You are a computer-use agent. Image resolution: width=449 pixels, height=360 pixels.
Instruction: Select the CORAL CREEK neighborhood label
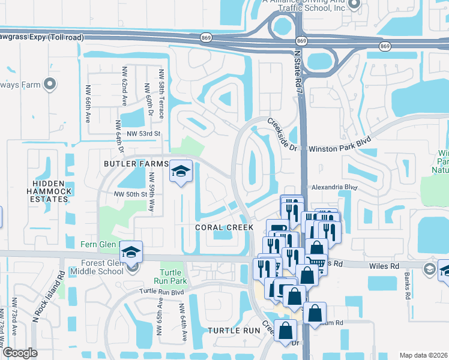tap(224, 227)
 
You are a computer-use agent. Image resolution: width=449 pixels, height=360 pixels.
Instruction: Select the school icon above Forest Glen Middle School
tap(130, 253)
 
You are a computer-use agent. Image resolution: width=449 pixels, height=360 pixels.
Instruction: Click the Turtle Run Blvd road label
tap(161, 292)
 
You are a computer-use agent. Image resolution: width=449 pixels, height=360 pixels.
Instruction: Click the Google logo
tap(20, 353)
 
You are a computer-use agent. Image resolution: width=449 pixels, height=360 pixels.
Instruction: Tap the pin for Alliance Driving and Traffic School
tap(354, 4)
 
